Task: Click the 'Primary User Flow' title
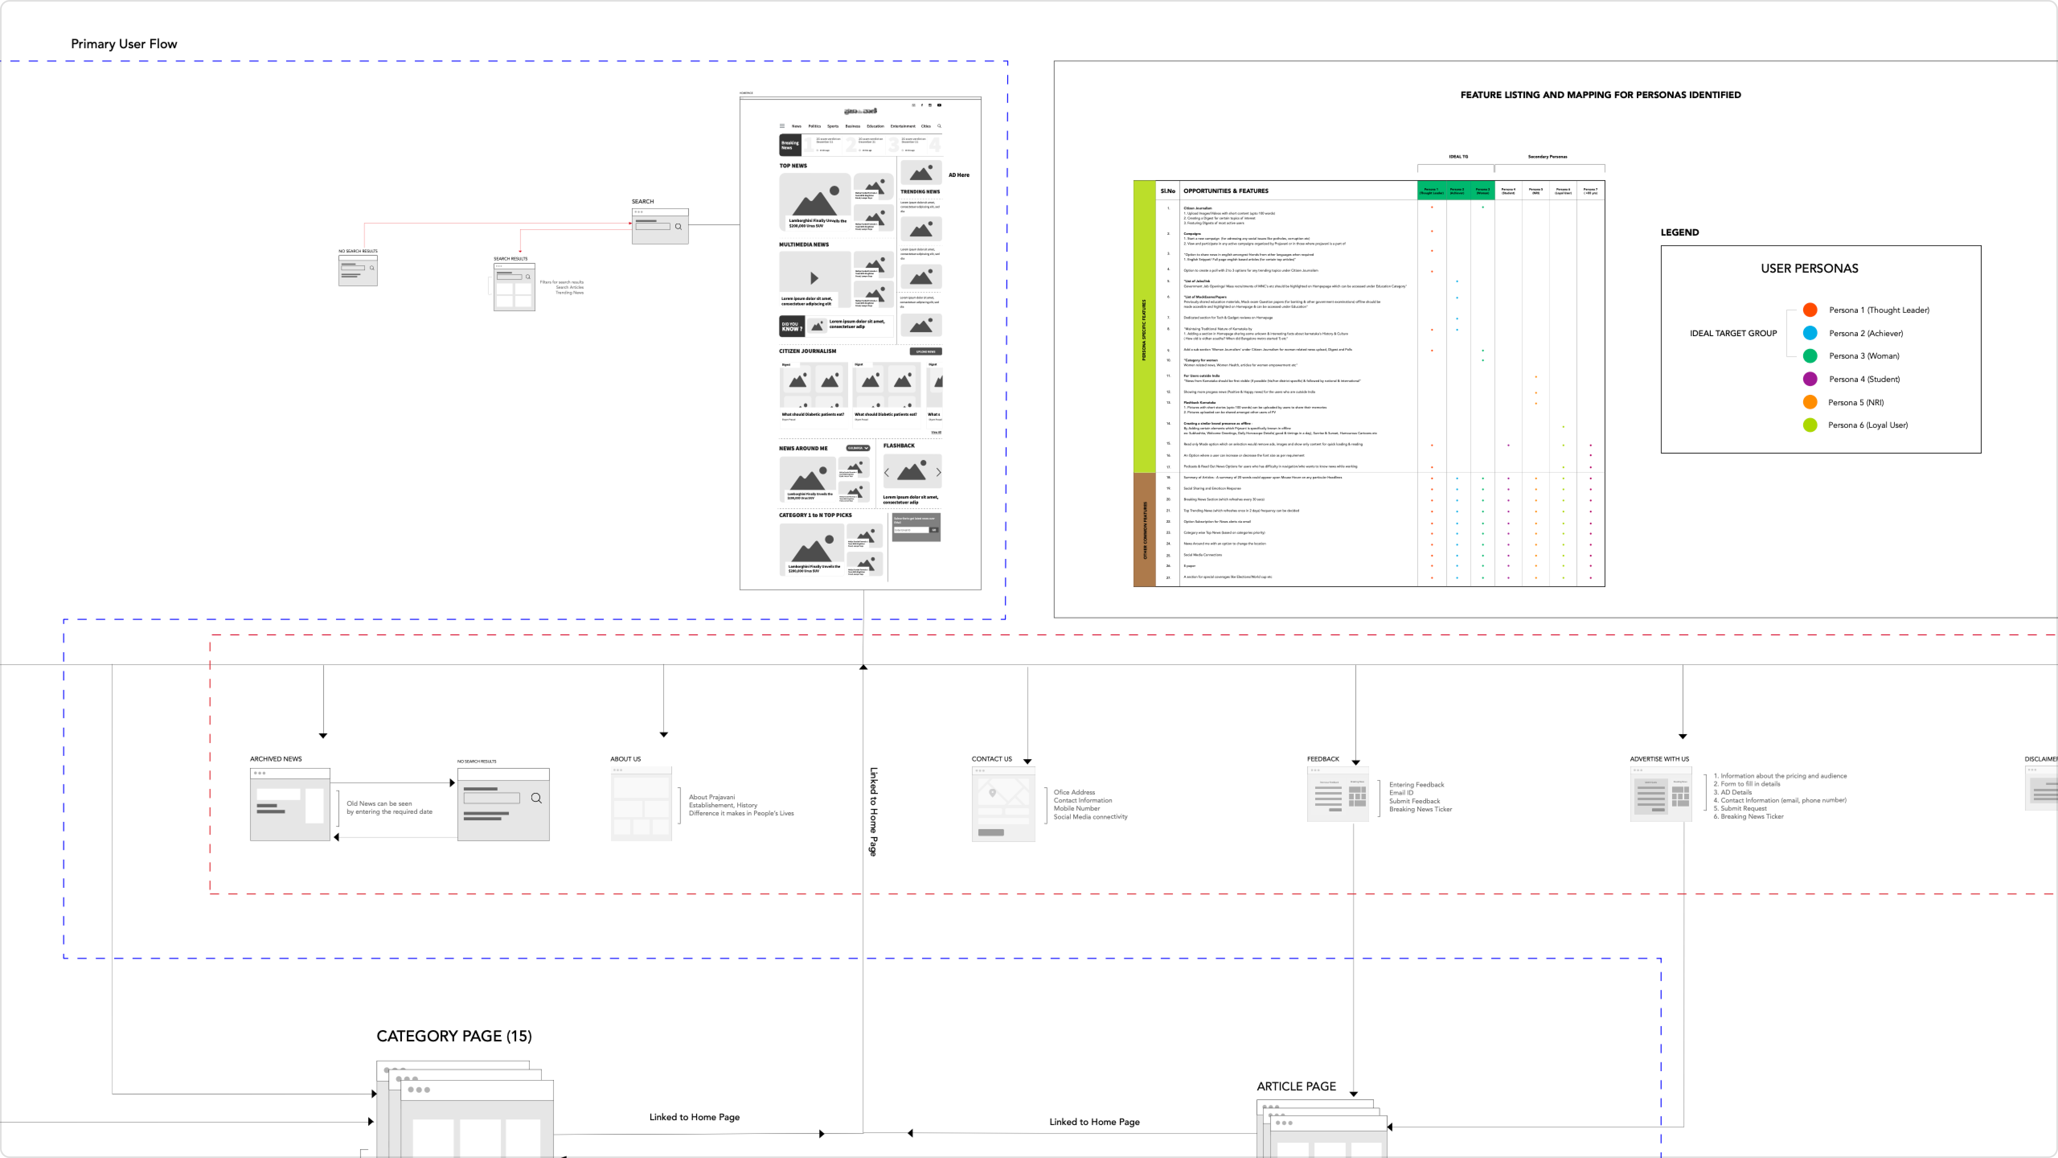pos(124,44)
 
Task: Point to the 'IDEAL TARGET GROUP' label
pos(1733,333)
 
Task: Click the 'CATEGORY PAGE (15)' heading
pos(454,1036)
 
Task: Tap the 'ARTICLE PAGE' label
pos(1296,1086)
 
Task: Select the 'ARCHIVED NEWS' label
pos(276,759)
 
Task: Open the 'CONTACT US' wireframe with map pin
pos(1002,804)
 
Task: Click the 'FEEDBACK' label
pos(1323,759)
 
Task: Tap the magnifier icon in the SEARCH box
pos(678,227)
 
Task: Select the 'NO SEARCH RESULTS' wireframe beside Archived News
pos(503,804)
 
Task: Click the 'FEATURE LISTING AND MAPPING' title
pos(1600,95)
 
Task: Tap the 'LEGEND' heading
pos(1679,232)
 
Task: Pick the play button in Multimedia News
pos(814,278)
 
